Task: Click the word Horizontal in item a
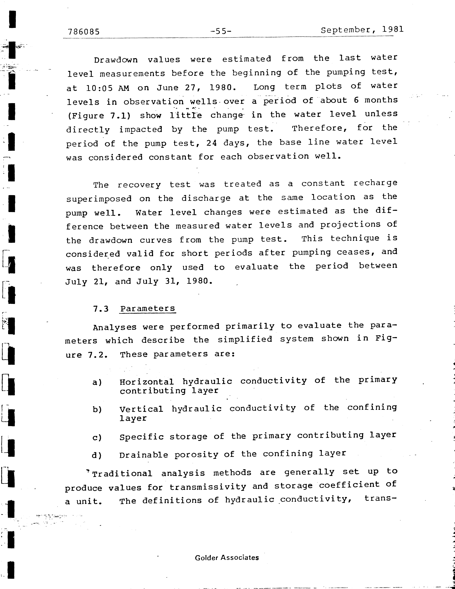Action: (x=147, y=382)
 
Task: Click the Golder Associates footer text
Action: (x=227, y=558)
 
